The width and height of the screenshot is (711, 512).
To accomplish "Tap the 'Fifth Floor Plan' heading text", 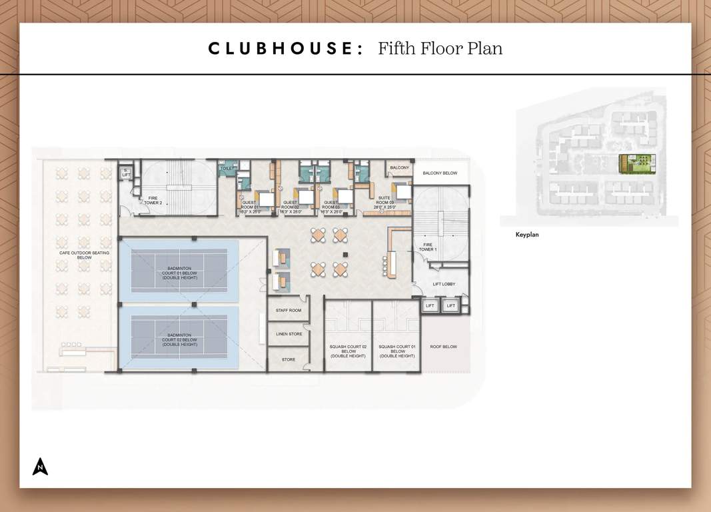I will coord(440,49).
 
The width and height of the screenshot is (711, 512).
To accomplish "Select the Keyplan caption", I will coord(527,235).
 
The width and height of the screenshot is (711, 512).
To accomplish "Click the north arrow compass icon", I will coord(40,467).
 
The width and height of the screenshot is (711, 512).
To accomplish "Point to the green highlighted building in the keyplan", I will coord(636,163).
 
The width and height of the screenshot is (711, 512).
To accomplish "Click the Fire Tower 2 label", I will coord(153,200).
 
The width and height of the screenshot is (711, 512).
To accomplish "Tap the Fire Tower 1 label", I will coord(428,247).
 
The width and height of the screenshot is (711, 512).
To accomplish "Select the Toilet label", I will coord(227,169).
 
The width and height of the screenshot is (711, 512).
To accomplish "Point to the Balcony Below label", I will coord(440,173).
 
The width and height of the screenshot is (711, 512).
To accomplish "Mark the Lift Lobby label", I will coord(444,284).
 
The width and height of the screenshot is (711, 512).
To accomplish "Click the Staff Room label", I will coord(289,310).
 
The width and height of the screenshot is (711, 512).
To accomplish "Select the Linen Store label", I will coord(289,333).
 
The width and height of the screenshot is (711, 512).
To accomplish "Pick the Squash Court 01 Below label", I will coord(396,351).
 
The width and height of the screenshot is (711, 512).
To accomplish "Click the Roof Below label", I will coord(444,347).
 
